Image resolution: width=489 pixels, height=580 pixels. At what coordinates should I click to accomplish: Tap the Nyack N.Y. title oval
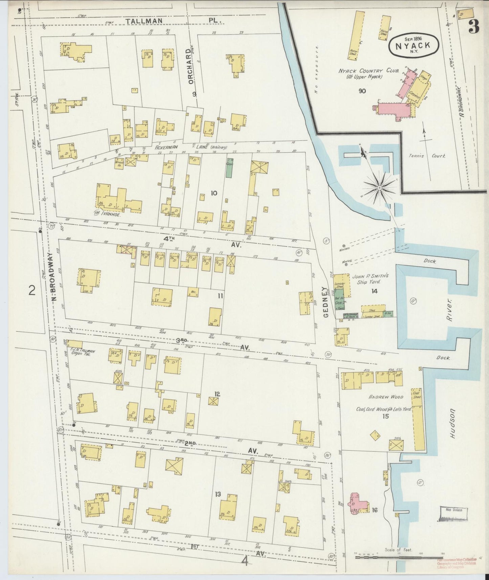[414, 46]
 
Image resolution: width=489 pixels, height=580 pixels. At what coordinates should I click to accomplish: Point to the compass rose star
[379, 187]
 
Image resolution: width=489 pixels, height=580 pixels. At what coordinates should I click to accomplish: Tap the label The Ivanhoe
[106, 214]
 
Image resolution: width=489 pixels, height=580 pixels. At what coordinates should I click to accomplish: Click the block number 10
[214, 193]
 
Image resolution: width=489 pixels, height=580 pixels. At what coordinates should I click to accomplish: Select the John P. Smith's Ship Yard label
[371, 279]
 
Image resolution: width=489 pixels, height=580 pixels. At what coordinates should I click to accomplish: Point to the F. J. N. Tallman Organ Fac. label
[81, 353]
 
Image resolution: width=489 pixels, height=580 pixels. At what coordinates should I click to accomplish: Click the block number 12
[217, 394]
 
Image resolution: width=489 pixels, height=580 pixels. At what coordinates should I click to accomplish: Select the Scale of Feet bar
[399, 556]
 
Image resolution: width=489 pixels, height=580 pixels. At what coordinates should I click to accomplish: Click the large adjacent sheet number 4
[245, 561]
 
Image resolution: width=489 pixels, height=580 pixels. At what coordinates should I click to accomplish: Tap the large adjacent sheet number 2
[32, 290]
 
